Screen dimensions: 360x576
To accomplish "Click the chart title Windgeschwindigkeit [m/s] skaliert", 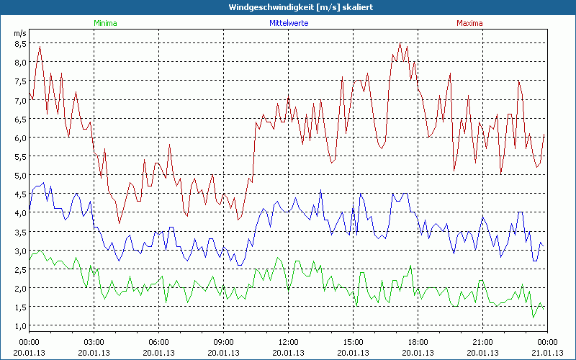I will pyautogui.click(x=287, y=7).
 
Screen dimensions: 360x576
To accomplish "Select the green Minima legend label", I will pyautogui.click(x=104, y=23).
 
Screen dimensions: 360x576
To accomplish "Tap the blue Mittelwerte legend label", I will pyautogui.click(x=288, y=23).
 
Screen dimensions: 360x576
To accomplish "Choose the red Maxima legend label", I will pyautogui.click(x=469, y=23).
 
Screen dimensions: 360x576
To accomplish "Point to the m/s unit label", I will pyautogui.click(x=19, y=33).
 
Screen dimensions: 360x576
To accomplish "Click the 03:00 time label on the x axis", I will pyautogui.click(x=94, y=342).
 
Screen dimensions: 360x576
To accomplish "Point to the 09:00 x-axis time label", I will pyautogui.click(x=224, y=342).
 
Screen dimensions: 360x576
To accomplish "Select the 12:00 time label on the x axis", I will pyautogui.click(x=289, y=342).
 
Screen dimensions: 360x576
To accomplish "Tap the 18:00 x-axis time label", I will pyautogui.click(x=418, y=342).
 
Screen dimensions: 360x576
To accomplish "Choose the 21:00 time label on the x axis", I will pyautogui.click(x=483, y=342).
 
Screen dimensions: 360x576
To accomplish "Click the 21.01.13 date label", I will pyautogui.click(x=547, y=353).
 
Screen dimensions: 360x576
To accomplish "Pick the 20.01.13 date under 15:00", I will pyautogui.click(x=354, y=353).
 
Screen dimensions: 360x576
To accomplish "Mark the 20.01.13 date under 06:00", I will pyautogui.click(x=159, y=353).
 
